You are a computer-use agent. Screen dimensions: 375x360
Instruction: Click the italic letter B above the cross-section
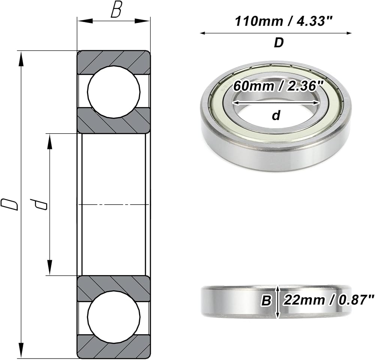(x=116, y=11)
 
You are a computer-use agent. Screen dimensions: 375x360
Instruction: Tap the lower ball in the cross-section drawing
(x=114, y=317)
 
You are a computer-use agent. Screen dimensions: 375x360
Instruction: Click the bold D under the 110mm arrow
(x=279, y=42)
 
